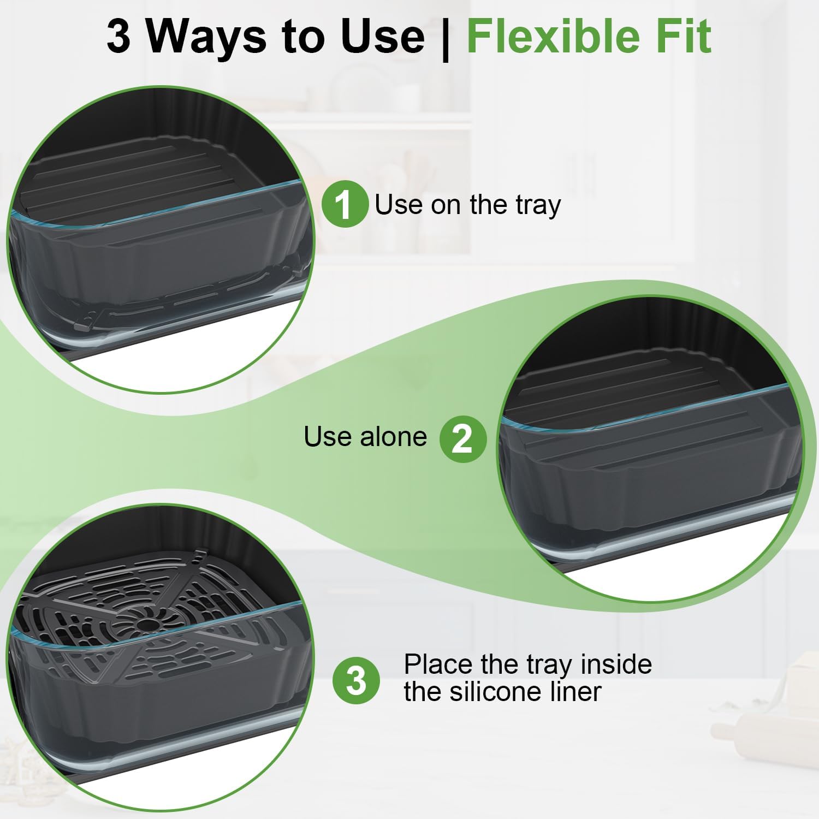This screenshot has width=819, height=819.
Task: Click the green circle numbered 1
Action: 345,204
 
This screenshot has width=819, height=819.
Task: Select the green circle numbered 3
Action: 357,680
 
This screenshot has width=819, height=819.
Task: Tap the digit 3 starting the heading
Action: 118,37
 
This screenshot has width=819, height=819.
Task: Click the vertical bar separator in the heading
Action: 445,38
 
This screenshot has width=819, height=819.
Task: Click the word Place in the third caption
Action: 438,665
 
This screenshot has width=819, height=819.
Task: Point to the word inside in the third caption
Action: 616,665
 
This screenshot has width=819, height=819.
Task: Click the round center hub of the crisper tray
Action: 146,624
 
